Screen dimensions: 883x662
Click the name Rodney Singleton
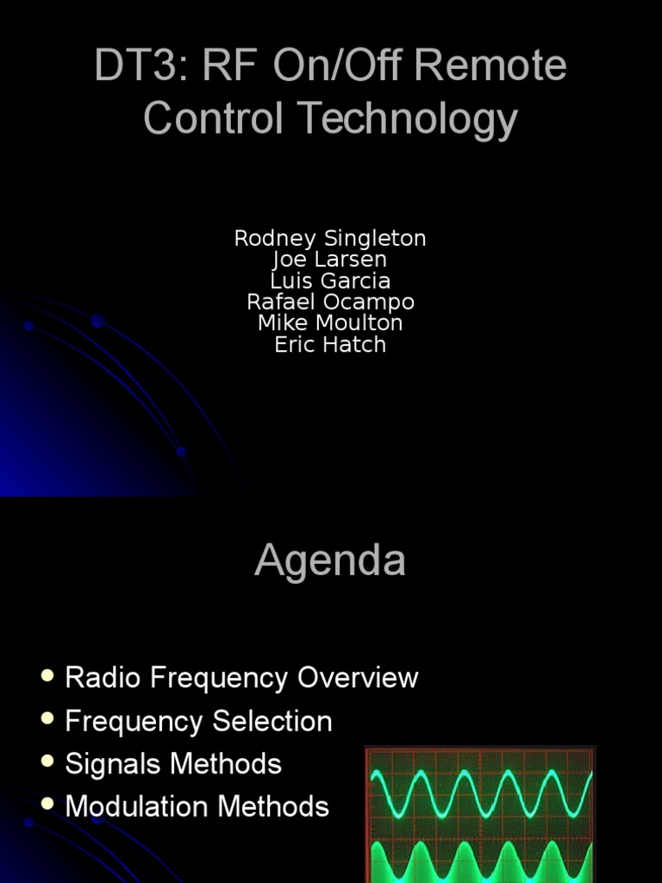click(x=330, y=238)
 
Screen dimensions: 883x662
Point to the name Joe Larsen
click(x=330, y=260)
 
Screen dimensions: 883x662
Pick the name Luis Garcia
click(x=330, y=281)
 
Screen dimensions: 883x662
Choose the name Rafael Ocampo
click(x=330, y=303)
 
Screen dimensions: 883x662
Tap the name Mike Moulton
click(x=330, y=323)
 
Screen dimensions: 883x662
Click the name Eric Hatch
click(x=330, y=345)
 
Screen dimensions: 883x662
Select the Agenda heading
click(x=330, y=561)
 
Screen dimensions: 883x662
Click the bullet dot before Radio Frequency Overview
click(x=47, y=675)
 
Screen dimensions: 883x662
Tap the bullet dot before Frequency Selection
click(x=47, y=718)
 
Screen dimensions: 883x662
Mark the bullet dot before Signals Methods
click(x=47, y=761)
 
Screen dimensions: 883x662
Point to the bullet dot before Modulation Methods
click(x=47, y=805)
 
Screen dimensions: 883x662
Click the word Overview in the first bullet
click(x=358, y=678)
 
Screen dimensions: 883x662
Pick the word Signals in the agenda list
click(x=114, y=764)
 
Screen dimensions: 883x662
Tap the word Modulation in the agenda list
click(x=138, y=807)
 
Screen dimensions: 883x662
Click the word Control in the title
click(x=213, y=118)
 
